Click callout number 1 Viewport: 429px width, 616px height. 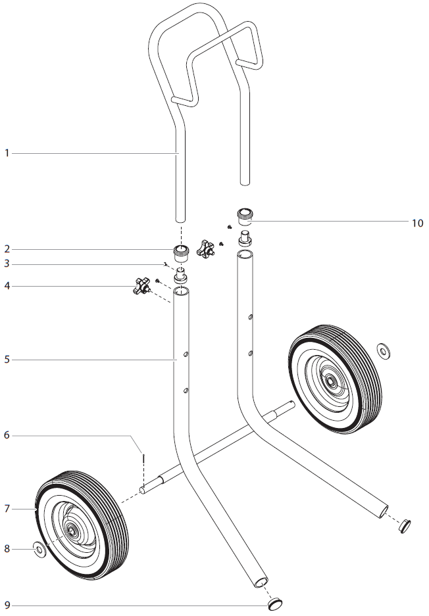(x=7, y=153)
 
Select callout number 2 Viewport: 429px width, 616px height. (x=7, y=249)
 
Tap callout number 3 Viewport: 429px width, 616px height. (x=7, y=264)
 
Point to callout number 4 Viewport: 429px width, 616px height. (x=7, y=286)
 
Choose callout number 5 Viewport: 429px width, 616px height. (x=7, y=360)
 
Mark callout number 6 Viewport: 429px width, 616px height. (x=7, y=435)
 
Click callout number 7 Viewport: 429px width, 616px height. (x=7, y=508)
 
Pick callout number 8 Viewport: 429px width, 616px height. (x=7, y=548)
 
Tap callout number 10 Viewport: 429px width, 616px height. (x=417, y=223)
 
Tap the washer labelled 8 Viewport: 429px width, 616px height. (x=39, y=548)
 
